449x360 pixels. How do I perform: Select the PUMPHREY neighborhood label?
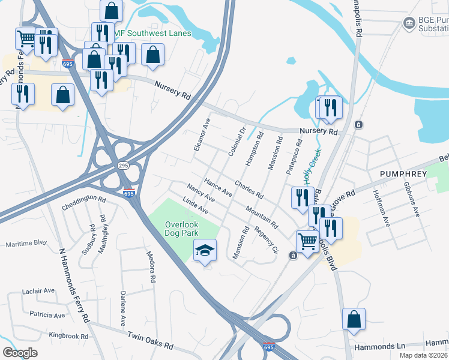(x=403, y=173)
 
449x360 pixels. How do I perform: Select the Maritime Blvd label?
(x=26, y=244)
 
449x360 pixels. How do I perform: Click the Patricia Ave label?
(x=47, y=315)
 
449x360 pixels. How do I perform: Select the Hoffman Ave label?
(x=381, y=208)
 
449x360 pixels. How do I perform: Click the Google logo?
(x=20, y=353)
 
